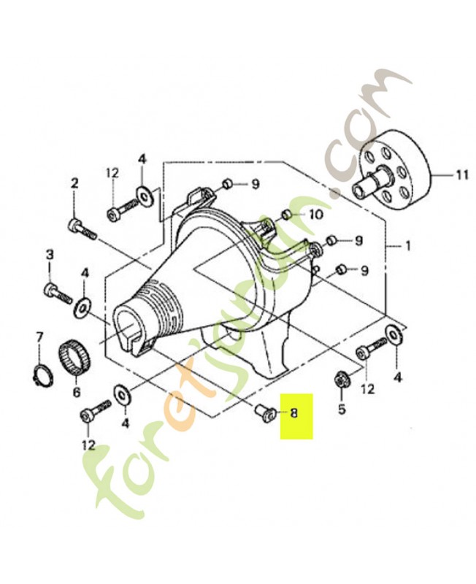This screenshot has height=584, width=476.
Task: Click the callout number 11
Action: coord(461,174)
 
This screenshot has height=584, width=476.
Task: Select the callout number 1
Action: coord(408,246)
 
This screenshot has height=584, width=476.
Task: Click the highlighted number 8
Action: coord(294,412)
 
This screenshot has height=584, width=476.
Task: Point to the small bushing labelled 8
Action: coord(266,413)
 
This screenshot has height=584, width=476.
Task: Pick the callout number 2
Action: coord(74,184)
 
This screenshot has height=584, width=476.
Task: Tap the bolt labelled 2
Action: coord(82,229)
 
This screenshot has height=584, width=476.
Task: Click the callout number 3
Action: coord(50,255)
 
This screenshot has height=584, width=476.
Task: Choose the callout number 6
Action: coord(77,392)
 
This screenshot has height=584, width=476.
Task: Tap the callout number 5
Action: coord(342,409)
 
